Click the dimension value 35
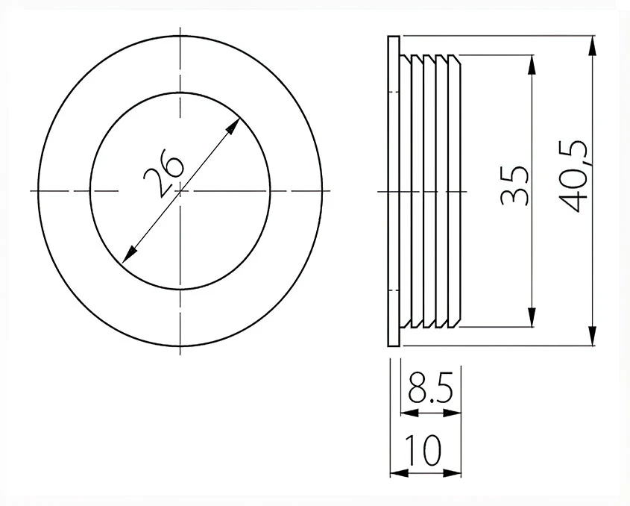pyautogui.click(x=514, y=185)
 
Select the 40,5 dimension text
pyautogui.click(x=574, y=176)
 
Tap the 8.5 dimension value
pyautogui.click(x=430, y=388)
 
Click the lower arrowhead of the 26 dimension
pyautogui.click(x=130, y=254)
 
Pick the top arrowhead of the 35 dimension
pyautogui.click(x=532, y=65)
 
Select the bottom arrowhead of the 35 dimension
pyautogui.click(x=532, y=317)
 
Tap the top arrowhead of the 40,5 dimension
pyautogui.click(x=592, y=46)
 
